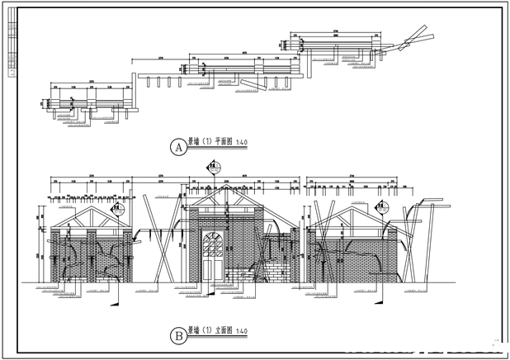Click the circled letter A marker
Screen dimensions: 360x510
pos(177,148)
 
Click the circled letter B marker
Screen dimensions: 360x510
pos(177,336)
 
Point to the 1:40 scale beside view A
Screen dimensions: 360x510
pos(242,142)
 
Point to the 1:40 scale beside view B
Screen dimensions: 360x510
pos(242,331)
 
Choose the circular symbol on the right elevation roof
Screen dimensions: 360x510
pos(384,209)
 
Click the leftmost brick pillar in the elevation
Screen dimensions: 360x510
pos(56,256)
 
